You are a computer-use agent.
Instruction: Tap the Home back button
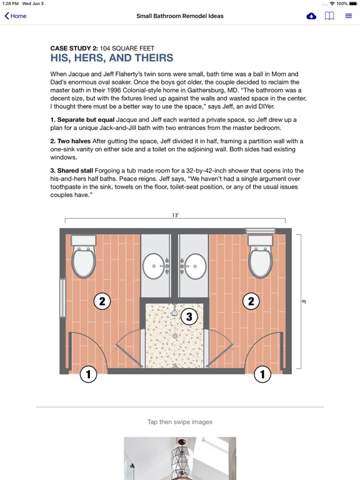[15, 16]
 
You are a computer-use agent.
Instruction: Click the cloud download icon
[311, 16]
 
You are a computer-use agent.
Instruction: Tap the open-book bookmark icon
[329, 16]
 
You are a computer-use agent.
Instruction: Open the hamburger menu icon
[348, 16]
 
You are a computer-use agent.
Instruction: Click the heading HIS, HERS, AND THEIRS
[112, 58]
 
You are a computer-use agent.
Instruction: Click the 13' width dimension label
[175, 215]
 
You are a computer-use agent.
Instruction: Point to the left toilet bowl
[84, 262]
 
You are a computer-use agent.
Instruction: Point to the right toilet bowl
[260, 262]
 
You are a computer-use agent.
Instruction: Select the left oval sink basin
[154, 266]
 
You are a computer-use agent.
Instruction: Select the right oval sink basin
[195, 266]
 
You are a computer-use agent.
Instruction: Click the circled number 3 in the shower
[189, 316]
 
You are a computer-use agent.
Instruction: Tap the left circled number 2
[102, 301]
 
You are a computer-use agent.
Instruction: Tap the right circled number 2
[251, 301]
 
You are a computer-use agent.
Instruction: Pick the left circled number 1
[88, 374]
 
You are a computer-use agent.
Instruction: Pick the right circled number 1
[262, 374]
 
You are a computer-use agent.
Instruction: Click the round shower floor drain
[175, 336]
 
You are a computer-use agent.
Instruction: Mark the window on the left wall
[62, 298]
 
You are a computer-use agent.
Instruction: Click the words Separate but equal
[86, 120]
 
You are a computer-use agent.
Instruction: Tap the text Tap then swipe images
[180, 422]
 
